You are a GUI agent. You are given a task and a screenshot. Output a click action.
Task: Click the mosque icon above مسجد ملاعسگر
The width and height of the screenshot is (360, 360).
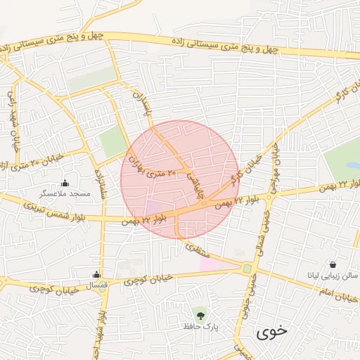65,183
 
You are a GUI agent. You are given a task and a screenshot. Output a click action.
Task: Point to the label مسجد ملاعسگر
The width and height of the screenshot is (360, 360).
65,193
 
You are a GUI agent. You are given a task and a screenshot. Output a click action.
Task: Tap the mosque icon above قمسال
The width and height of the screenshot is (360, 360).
96,274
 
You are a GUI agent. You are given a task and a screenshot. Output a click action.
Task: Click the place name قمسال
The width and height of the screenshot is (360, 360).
96,286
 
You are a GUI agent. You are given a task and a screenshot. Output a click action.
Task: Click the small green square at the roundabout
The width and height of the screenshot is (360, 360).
247,269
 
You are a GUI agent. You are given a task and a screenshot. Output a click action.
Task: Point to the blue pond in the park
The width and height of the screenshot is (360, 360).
352,167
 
